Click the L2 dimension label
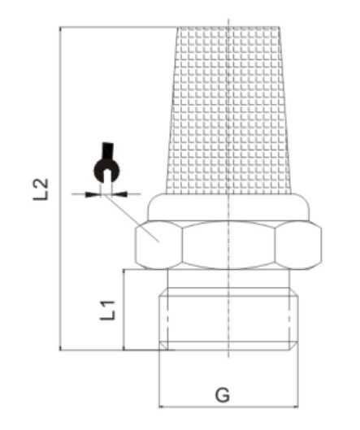pos(41,189)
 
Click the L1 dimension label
pos(108,311)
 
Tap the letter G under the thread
pos(223,395)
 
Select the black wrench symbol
pos(107,163)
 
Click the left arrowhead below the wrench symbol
pos(92,194)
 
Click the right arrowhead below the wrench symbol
pos(120,194)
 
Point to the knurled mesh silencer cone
pos(228,110)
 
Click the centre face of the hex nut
pos(228,245)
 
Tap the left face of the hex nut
pos(158,245)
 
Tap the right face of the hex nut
pos(298,245)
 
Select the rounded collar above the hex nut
pos(228,207)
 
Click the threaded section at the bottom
pos(228,319)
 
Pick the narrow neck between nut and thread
pos(228,278)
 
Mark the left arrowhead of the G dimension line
pos(161,406)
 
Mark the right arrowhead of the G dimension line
pos(296,406)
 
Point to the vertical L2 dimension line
pos(60,189)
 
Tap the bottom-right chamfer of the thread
pos(294,346)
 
